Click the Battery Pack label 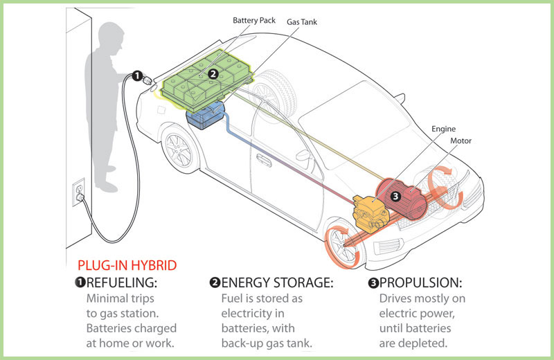click(x=253, y=21)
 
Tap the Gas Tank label click(x=302, y=21)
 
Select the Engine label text click(x=444, y=129)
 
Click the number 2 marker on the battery click(x=213, y=73)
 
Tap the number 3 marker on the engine click(x=395, y=196)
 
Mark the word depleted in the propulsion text click(x=426, y=343)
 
